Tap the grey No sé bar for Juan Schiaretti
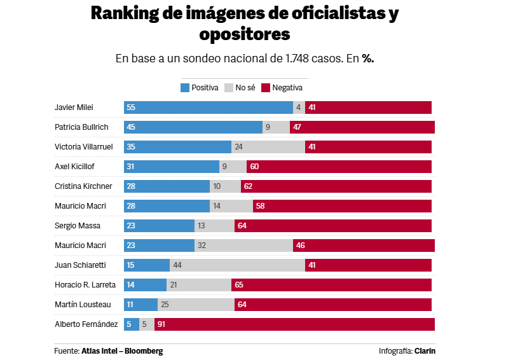237,265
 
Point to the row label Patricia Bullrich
81,127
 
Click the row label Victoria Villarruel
85,147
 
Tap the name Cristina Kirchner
83,186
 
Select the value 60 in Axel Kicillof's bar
254,167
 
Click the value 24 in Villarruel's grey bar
238,147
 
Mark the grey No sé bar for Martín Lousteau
196,305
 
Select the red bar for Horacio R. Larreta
331,285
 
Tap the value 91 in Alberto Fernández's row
161,324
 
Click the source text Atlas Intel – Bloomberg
122,351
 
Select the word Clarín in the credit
425,351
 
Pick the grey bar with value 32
243,246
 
